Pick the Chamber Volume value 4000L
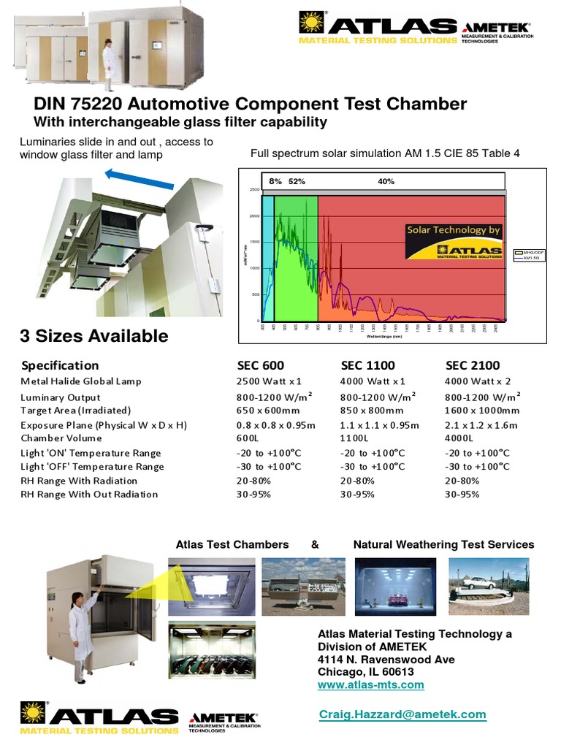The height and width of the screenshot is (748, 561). coord(459,438)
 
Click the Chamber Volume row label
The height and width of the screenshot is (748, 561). coord(61,438)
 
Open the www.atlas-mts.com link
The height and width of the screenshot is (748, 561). coord(370,684)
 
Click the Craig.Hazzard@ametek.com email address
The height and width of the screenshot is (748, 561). coord(402,714)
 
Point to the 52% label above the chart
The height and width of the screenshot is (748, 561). coord(297,181)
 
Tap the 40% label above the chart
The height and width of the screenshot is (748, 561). coord(386,181)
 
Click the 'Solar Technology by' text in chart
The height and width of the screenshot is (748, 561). coord(454,230)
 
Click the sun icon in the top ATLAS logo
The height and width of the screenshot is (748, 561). coord(311,23)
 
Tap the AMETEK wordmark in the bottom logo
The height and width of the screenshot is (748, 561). coord(223,719)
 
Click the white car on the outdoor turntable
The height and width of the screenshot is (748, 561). coord(482,582)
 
